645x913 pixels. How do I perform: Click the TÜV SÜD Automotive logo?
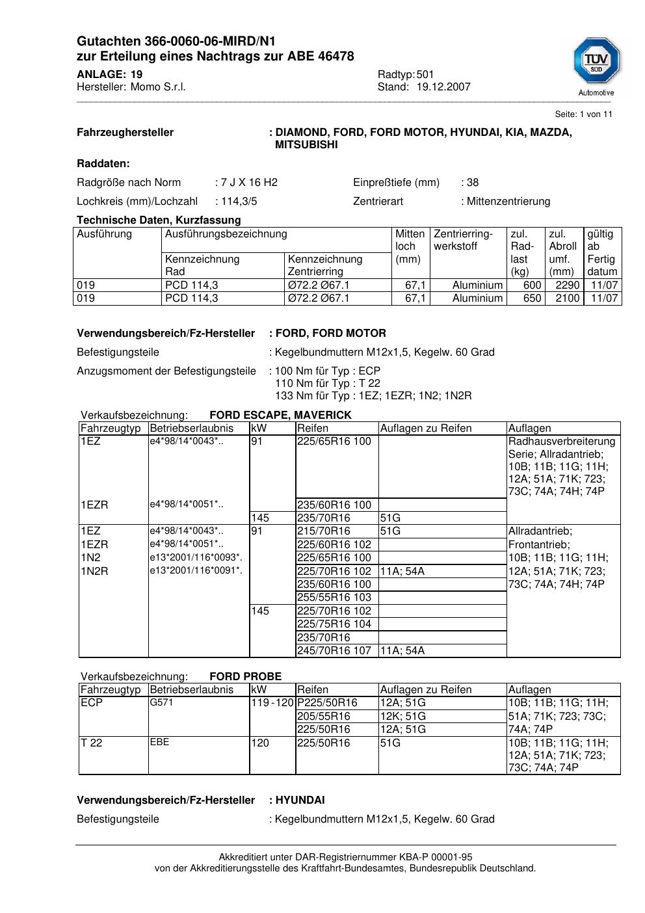point(596,66)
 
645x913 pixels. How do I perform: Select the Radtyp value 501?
point(425,75)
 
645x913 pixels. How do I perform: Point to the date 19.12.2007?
point(443,87)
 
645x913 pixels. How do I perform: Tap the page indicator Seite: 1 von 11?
point(583,114)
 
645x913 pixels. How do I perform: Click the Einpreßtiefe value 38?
point(473,183)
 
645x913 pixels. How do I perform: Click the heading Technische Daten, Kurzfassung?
point(159,220)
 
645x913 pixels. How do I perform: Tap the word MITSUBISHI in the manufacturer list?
point(306,145)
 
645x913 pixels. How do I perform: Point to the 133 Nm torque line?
point(373,396)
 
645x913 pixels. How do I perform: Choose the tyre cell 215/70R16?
point(324,531)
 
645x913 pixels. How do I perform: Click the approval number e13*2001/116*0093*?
point(196,558)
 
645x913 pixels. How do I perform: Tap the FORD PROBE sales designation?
point(245,677)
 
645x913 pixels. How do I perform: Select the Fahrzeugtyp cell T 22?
point(92,743)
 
